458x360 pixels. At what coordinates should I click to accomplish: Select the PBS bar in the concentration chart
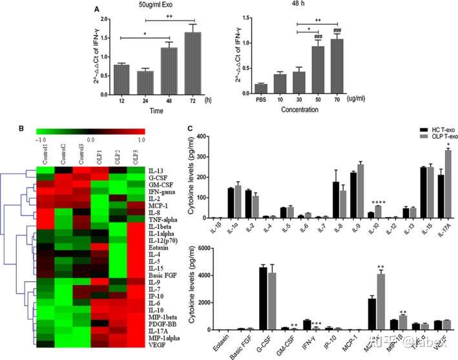coord(244,89)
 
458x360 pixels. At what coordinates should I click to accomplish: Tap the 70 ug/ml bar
coord(336,66)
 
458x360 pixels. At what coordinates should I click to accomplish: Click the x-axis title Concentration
coord(298,111)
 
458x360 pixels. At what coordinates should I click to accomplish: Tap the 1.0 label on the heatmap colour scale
coord(141,138)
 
